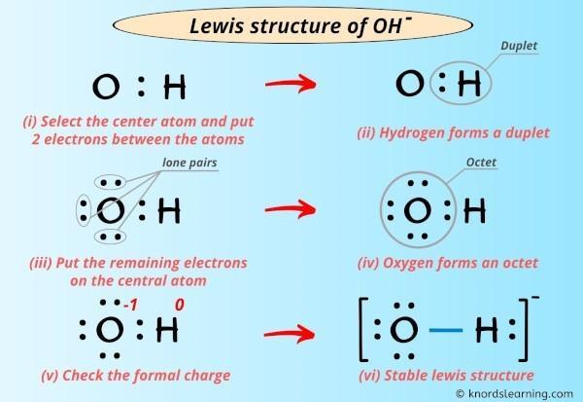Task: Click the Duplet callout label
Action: (519, 46)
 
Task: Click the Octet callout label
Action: (481, 163)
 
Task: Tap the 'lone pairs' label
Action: (189, 163)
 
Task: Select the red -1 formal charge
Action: (130, 306)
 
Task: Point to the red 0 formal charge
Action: (179, 305)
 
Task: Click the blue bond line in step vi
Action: (446, 330)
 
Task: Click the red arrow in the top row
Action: (291, 84)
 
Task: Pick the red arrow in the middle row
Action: (291, 209)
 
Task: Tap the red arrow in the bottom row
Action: (290, 334)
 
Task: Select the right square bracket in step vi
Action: (526, 329)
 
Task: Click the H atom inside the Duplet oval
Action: (469, 83)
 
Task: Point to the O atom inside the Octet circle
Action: (417, 209)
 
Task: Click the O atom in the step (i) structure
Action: (106, 87)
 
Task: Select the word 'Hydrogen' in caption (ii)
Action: (412, 133)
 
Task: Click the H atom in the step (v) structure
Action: (167, 330)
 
